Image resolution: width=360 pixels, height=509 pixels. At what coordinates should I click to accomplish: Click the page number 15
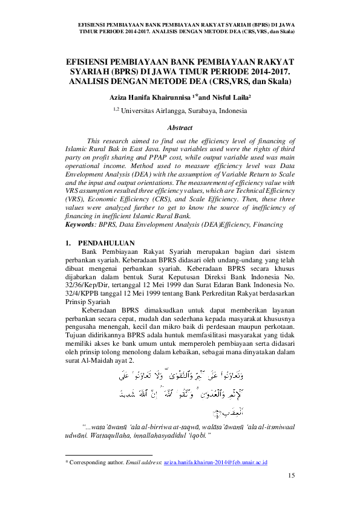292,476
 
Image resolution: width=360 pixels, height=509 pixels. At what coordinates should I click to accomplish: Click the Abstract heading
180,128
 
